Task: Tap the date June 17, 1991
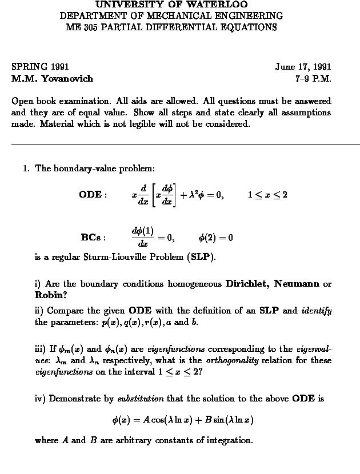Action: pos(303,67)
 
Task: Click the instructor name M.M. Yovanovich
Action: pos(52,78)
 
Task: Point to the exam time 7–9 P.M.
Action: pos(313,78)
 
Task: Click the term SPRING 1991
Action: pos(40,67)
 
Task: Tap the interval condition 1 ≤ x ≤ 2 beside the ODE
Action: pos(267,195)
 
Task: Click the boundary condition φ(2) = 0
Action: pos(215,238)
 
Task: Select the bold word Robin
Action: pos(49,295)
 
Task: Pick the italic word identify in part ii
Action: pos(316,311)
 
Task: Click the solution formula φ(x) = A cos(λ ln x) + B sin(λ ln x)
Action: pos(183,420)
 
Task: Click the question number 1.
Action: pos(25,168)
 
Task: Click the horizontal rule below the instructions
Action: pos(186,145)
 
